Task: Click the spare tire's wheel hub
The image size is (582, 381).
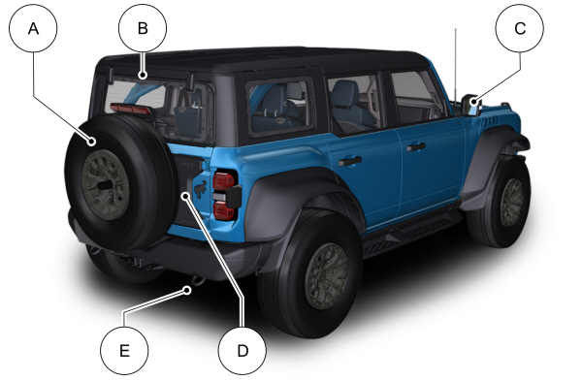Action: pos(106,184)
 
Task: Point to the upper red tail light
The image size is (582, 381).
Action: pos(223,180)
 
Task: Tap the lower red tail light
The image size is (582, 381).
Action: pos(223,210)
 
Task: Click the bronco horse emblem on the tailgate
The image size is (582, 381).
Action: pos(201,189)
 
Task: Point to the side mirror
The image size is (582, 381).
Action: pos(471,106)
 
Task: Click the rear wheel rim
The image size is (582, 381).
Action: pos(326,276)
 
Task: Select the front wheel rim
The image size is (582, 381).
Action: pos(512,203)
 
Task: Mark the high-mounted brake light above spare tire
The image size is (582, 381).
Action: pos(131,109)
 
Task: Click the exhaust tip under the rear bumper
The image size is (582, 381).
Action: pos(197,280)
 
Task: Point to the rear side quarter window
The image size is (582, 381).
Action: pos(281,107)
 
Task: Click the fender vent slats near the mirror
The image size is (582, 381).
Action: pos(488,122)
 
